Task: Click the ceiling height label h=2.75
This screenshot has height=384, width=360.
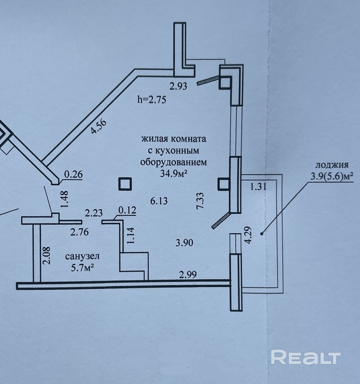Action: (152, 100)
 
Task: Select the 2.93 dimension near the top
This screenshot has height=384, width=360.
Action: (179, 86)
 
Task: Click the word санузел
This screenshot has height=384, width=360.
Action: (82, 256)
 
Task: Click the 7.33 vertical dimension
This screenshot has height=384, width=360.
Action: (201, 201)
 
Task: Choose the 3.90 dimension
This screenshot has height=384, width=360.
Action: (184, 243)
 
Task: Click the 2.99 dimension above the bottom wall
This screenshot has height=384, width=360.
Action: (188, 275)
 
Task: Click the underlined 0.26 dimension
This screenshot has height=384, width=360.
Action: (73, 174)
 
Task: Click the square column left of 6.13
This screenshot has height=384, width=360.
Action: (125, 184)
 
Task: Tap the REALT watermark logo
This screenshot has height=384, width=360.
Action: (306, 357)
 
